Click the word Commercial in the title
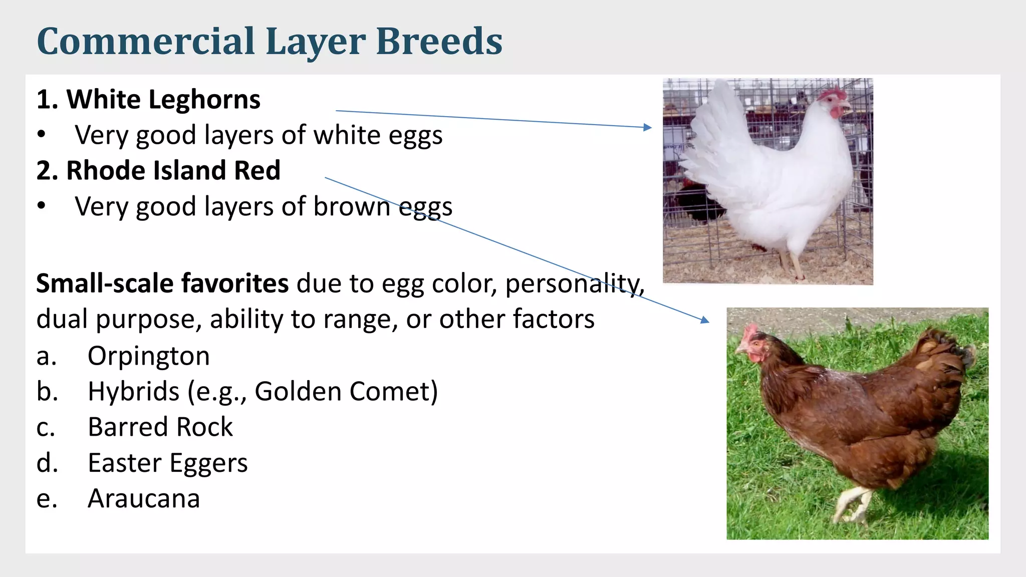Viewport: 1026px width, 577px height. (x=146, y=41)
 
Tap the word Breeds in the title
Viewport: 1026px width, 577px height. (x=439, y=41)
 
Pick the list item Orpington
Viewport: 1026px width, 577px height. (x=148, y=356)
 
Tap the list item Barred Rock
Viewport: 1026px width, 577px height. (x=160, y=427)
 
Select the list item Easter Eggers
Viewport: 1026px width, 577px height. (x=167, y=463)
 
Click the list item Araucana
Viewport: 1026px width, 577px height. (x=144, y=498)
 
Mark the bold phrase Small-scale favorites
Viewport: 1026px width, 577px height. (x=162, y=283)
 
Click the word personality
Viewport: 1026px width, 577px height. (x=574, y=283)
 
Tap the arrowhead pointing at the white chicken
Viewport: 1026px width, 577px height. (x=648, y=127)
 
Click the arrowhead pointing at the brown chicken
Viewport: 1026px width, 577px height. (x=705, y=320)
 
